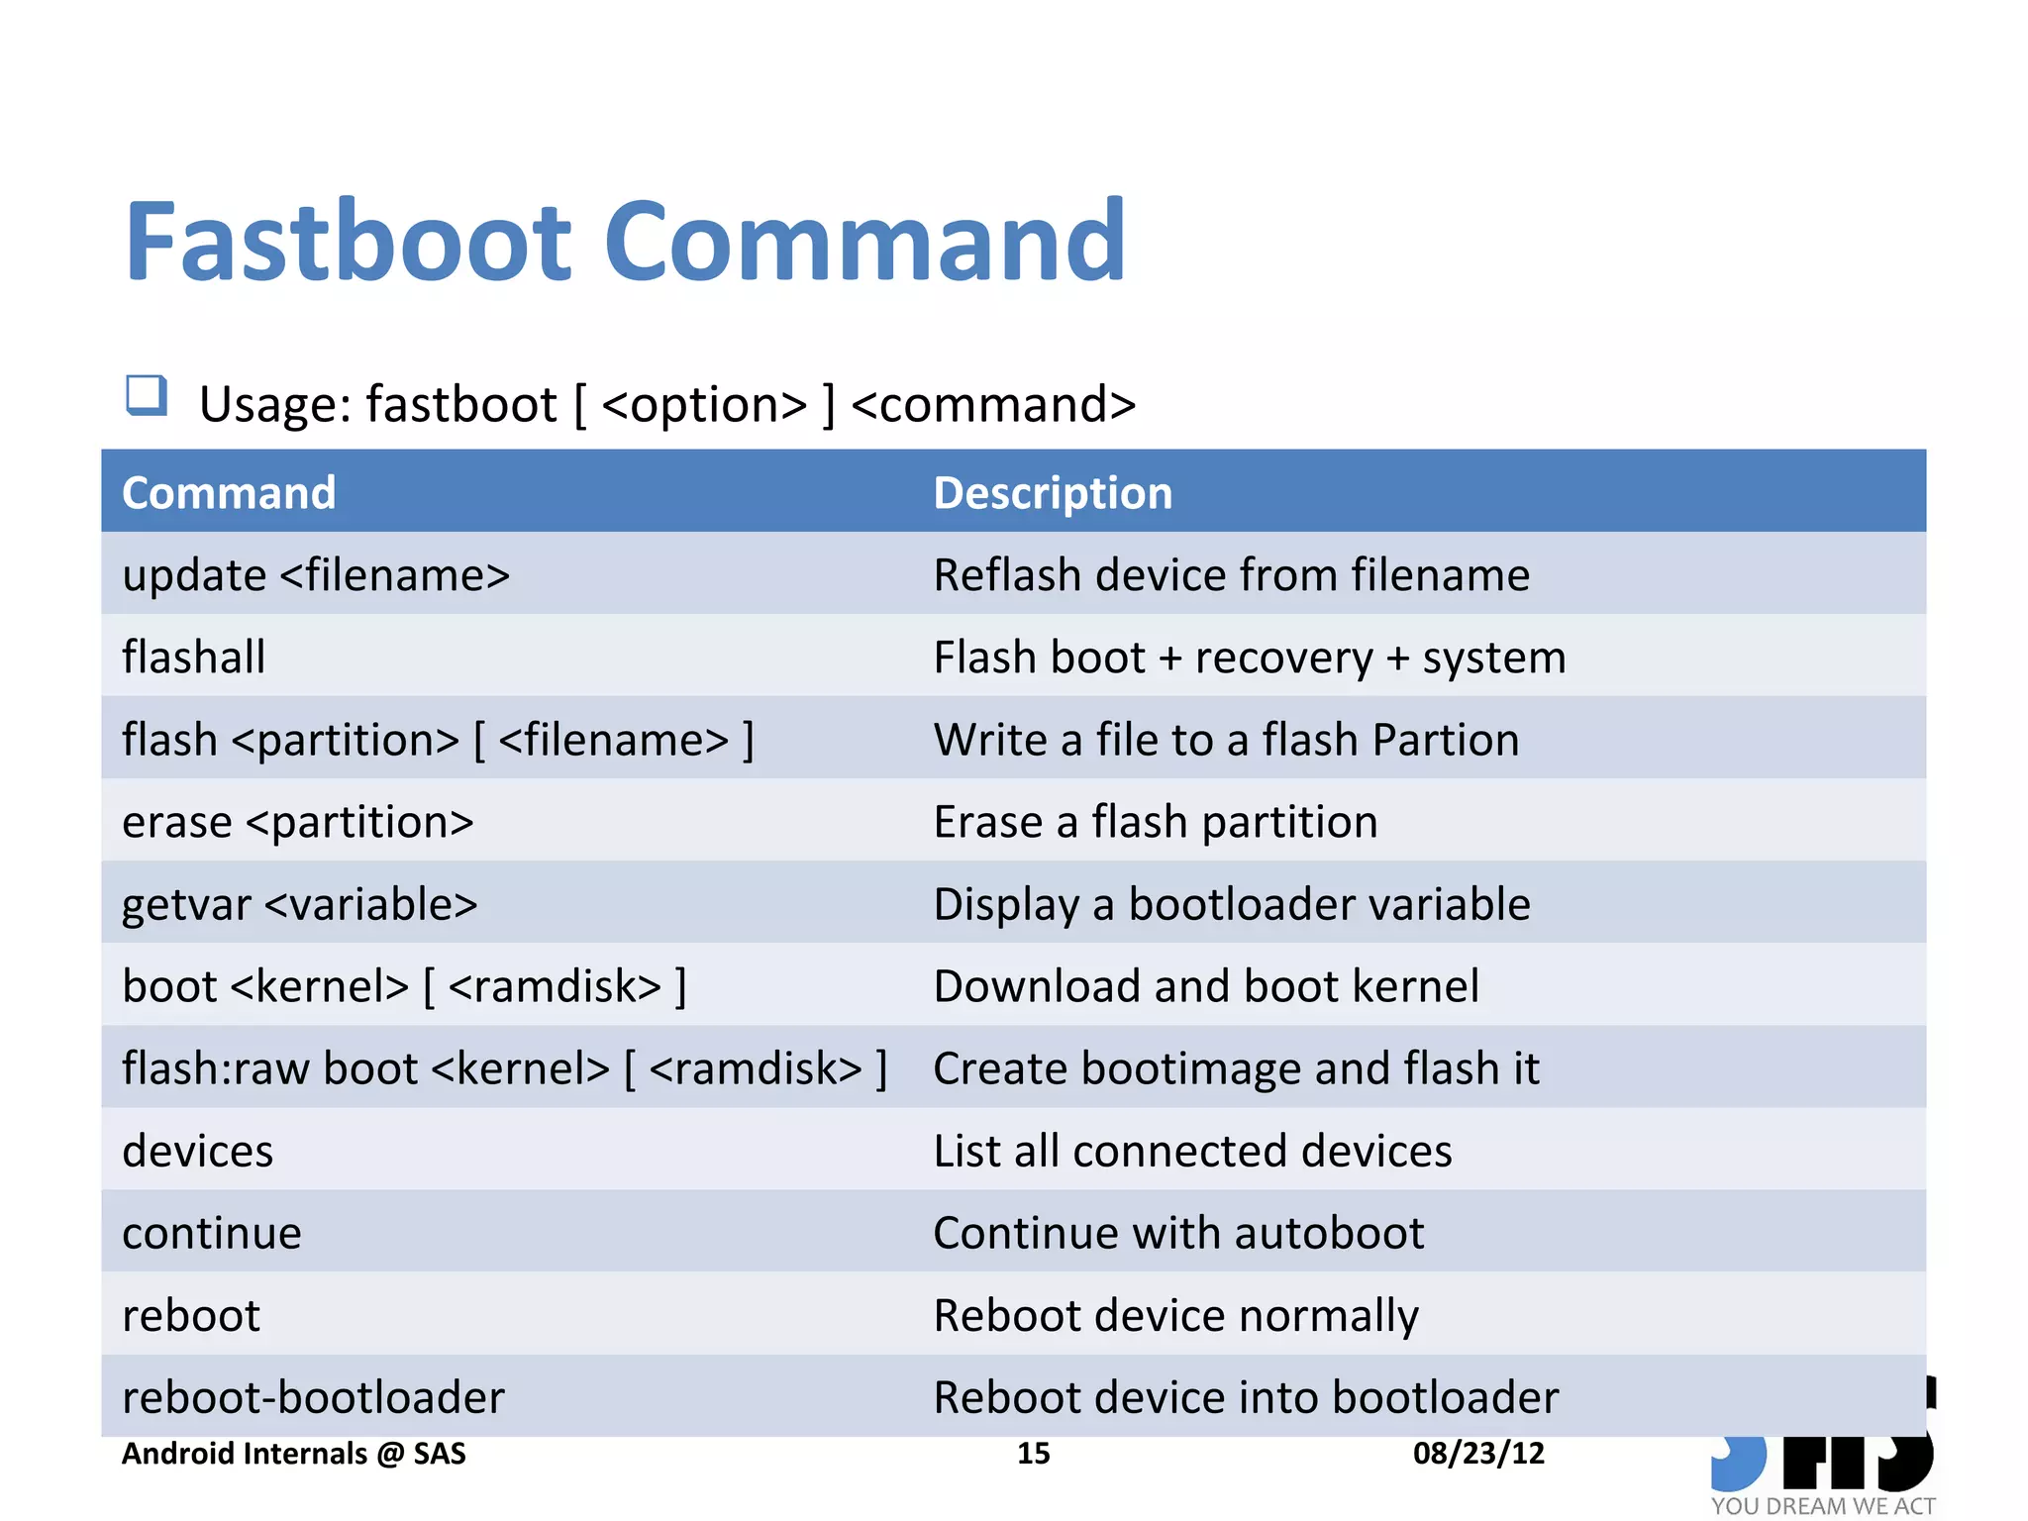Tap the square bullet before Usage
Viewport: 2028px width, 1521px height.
(147, 395)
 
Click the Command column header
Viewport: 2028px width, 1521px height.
(229, 493)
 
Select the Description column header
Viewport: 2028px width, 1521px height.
(1052, 493)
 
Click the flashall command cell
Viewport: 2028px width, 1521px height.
(194, 658)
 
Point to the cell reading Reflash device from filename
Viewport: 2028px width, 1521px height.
(1231, 575)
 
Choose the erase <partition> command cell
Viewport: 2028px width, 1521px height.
(297, 822)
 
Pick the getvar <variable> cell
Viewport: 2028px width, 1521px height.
(299, 904)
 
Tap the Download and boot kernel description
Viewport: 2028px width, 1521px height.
(1205, 986)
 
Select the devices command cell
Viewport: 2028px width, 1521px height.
(197, 1151)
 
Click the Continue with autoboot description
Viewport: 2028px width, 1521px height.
(1177, 1233)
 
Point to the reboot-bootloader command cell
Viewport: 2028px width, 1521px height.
(313, 1397)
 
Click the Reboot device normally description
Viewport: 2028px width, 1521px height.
(1175, 1315)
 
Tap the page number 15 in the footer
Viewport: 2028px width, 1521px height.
(1033, 1453)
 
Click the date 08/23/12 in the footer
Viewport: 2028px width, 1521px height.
(1477, 1453)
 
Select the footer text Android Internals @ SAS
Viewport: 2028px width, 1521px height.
(293, 1453)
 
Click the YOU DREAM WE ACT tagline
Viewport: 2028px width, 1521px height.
(1822, 1505)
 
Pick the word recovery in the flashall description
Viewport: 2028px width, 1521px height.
(1283, 658)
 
